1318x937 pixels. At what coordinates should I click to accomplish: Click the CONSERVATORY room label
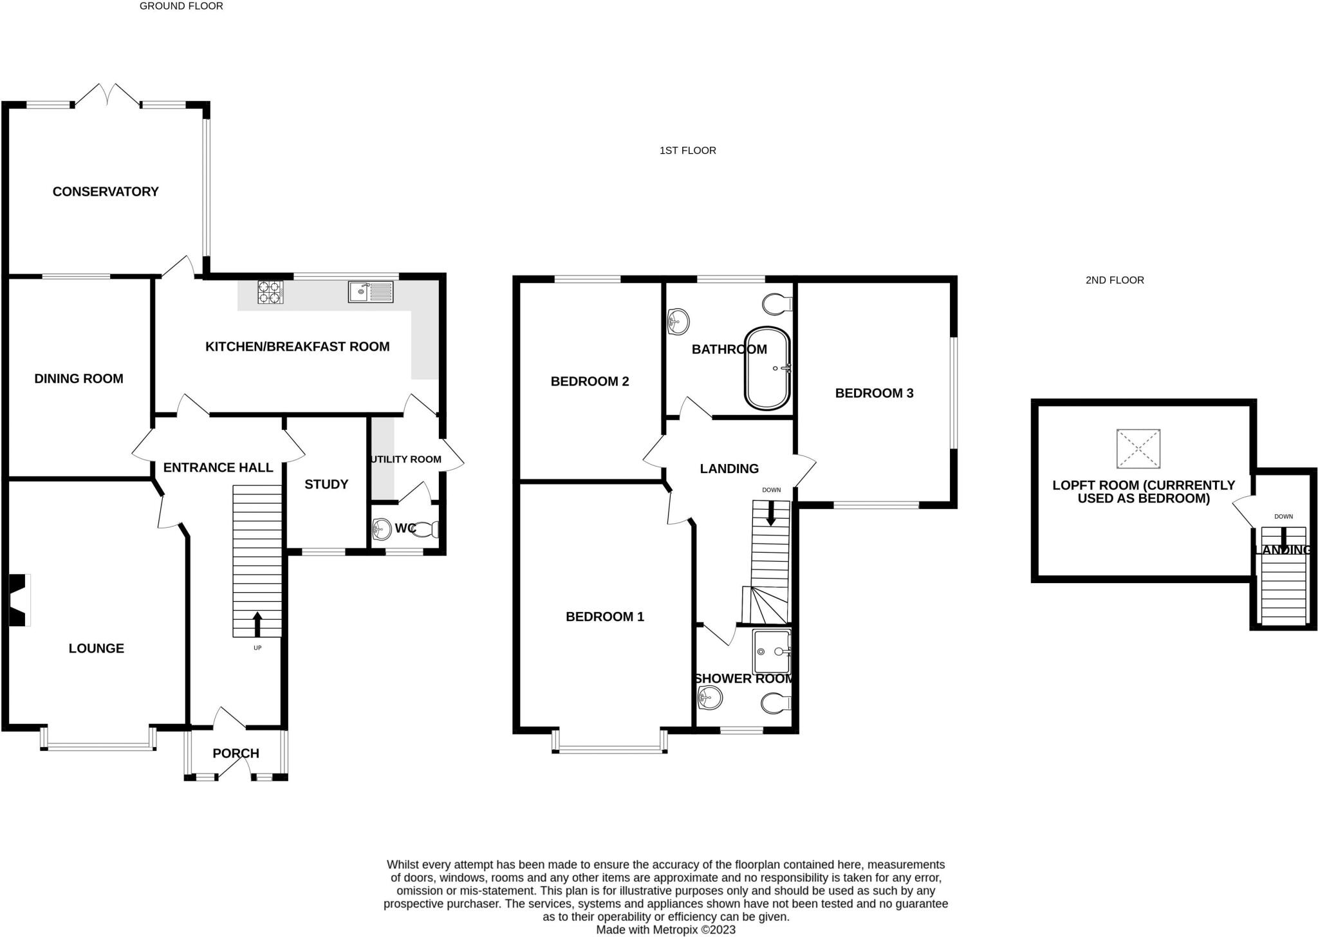coord(106,192)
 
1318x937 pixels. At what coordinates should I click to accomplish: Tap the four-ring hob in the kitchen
coord(270,292)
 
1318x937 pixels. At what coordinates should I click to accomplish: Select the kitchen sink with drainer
coord(371,292)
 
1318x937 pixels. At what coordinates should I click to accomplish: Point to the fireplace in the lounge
coord(19,600)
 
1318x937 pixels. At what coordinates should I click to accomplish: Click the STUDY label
coord(326,485)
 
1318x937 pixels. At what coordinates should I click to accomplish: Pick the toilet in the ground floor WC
coord(428,530)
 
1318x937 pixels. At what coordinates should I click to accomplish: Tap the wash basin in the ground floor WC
coord(382,529)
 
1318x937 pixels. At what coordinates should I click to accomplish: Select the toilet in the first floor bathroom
coord(777,304)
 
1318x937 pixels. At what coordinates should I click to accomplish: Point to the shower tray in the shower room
coord(772,652)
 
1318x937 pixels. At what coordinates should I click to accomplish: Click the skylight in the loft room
coord(1138,449)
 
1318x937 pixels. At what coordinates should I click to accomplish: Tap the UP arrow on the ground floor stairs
coord(257,624)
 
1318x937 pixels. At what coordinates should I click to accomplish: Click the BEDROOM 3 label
coord(874,393)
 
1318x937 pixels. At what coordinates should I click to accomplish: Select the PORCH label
coord(236,754)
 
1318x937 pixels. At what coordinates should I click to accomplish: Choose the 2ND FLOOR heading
coord(1115,280)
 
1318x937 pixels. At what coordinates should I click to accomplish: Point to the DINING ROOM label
coord(79,379)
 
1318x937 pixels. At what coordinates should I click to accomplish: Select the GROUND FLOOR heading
coord(181,6)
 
